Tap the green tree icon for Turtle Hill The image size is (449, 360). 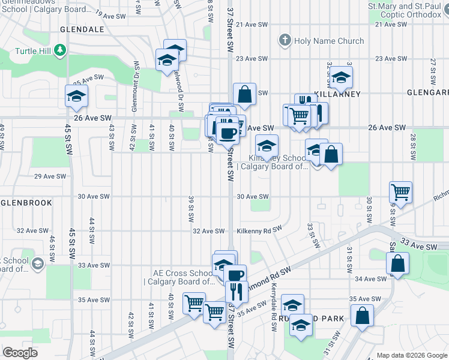tap(59, 50)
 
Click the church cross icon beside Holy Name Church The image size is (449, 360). tap(285, 41)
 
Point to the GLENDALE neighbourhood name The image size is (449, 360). tap(82, 29)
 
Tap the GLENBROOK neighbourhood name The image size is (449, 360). tap(26, 203)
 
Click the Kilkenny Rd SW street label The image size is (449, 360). tap(259, 230)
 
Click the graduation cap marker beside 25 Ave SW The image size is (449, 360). tap(77, 97)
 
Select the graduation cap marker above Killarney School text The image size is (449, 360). tap(267, 145)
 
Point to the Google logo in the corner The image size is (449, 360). tap(20, 353)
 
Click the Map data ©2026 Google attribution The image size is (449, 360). tap(411, 355)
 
